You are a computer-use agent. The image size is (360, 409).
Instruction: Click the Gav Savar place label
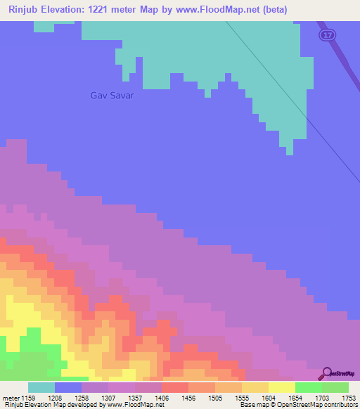click(112, 96)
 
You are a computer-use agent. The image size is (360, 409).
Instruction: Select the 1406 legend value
click(162, 397)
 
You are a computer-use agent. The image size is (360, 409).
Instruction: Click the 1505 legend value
click(215, 397)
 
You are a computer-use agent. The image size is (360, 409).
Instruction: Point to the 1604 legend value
click(269, 397)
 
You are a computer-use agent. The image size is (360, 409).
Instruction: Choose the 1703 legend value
click(322, 397)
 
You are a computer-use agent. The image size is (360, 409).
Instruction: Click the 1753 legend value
click(349, 397)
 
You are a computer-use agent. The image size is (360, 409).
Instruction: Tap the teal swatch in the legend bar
click(41, 387)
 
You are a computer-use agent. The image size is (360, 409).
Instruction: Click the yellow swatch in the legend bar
click(282, 387)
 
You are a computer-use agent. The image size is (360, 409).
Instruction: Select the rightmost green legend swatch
click(335, 387)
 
